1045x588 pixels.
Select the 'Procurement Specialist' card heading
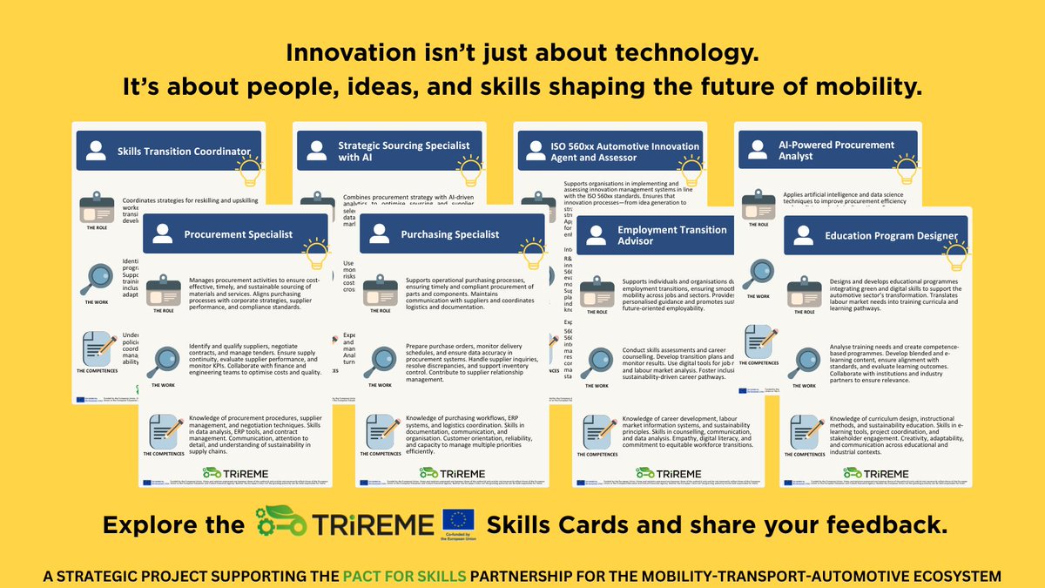tap(237, 234)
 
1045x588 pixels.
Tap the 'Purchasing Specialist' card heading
tap(449, 234)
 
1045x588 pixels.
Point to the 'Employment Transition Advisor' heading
tap(671, 235)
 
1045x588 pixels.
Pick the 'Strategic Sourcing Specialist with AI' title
tap(403, 151)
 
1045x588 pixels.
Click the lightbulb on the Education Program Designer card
tap(957, 254)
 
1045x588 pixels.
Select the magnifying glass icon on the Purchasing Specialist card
tap(380, 361)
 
